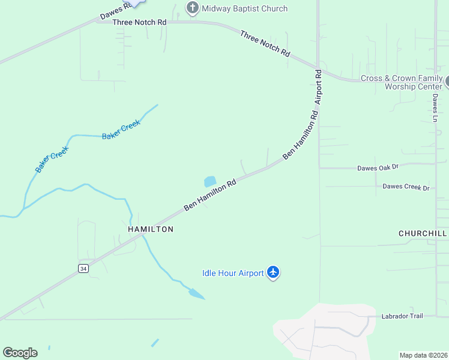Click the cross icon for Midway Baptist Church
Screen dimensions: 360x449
tap(192, 8)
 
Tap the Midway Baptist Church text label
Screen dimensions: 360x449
tap(244, 8)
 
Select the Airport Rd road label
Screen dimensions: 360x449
tap(318, 88)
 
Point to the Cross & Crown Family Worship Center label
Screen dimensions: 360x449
tap(401, 83)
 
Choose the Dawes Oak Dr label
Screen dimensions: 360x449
tap(378, 168)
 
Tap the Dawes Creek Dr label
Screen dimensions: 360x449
tap(406, 187)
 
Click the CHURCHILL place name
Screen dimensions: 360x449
tap(423, 233)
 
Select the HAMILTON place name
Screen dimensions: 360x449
tap(151, 229)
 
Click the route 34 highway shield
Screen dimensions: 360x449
tap(83, 269)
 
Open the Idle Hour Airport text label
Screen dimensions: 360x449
tap(233, 274)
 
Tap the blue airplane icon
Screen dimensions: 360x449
tap(274, 273)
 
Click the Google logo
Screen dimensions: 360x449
tap(20, 353)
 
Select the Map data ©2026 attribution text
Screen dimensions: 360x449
tap(423, 355)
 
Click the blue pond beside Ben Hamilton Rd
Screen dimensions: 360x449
tap(209, 181)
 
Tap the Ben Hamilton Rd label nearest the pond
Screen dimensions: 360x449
tap(209, 194)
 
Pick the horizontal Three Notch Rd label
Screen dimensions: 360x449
tap(139, 22)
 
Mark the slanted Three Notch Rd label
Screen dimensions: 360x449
tap(265, 44)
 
